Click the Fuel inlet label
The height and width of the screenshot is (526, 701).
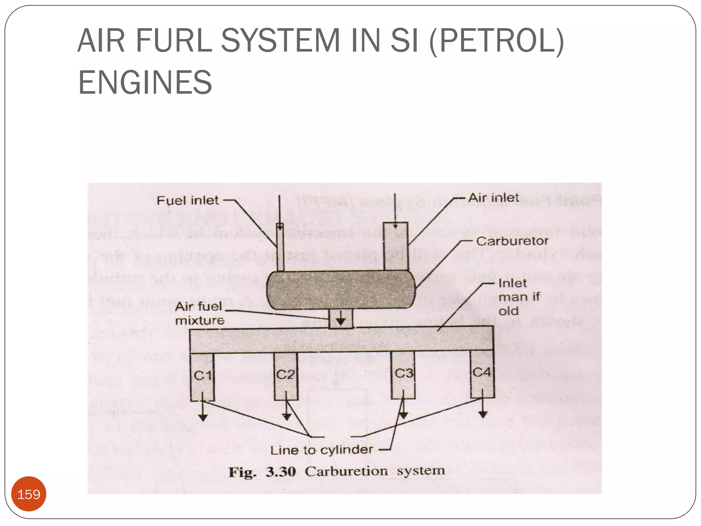pyautogui.click(x=187, y=201)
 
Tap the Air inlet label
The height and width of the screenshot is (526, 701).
pyautogui.click(x=493, y=198)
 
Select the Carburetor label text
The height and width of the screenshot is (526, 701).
pyautogui.click(x=512, y=241)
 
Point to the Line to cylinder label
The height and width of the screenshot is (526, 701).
pyautogui.click(x=321, y=450)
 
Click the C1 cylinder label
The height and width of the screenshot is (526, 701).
pyautogui.click(x=203, y=376)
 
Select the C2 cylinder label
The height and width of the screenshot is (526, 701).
pyautogui.click(x=285, y=374)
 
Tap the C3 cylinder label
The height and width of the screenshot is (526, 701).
pyautogui.click(x=404, y=373)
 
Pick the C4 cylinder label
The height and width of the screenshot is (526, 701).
pyautogui.click(x=482, y=372)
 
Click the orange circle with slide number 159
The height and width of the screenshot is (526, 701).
pyautogui.click(x=29, y=494)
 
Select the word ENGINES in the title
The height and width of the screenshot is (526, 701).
pyautogui.click(x=145, y=83)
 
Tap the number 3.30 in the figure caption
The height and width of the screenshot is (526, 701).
pyautogui.click(x=281, y=472)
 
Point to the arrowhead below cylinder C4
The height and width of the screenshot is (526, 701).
pyautogui.click(x=483, y=415)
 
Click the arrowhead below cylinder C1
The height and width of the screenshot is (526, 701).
pyautogui.click(x=203, y=418)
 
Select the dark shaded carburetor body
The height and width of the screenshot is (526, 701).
pyautogui.click(x=341, y=290)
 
